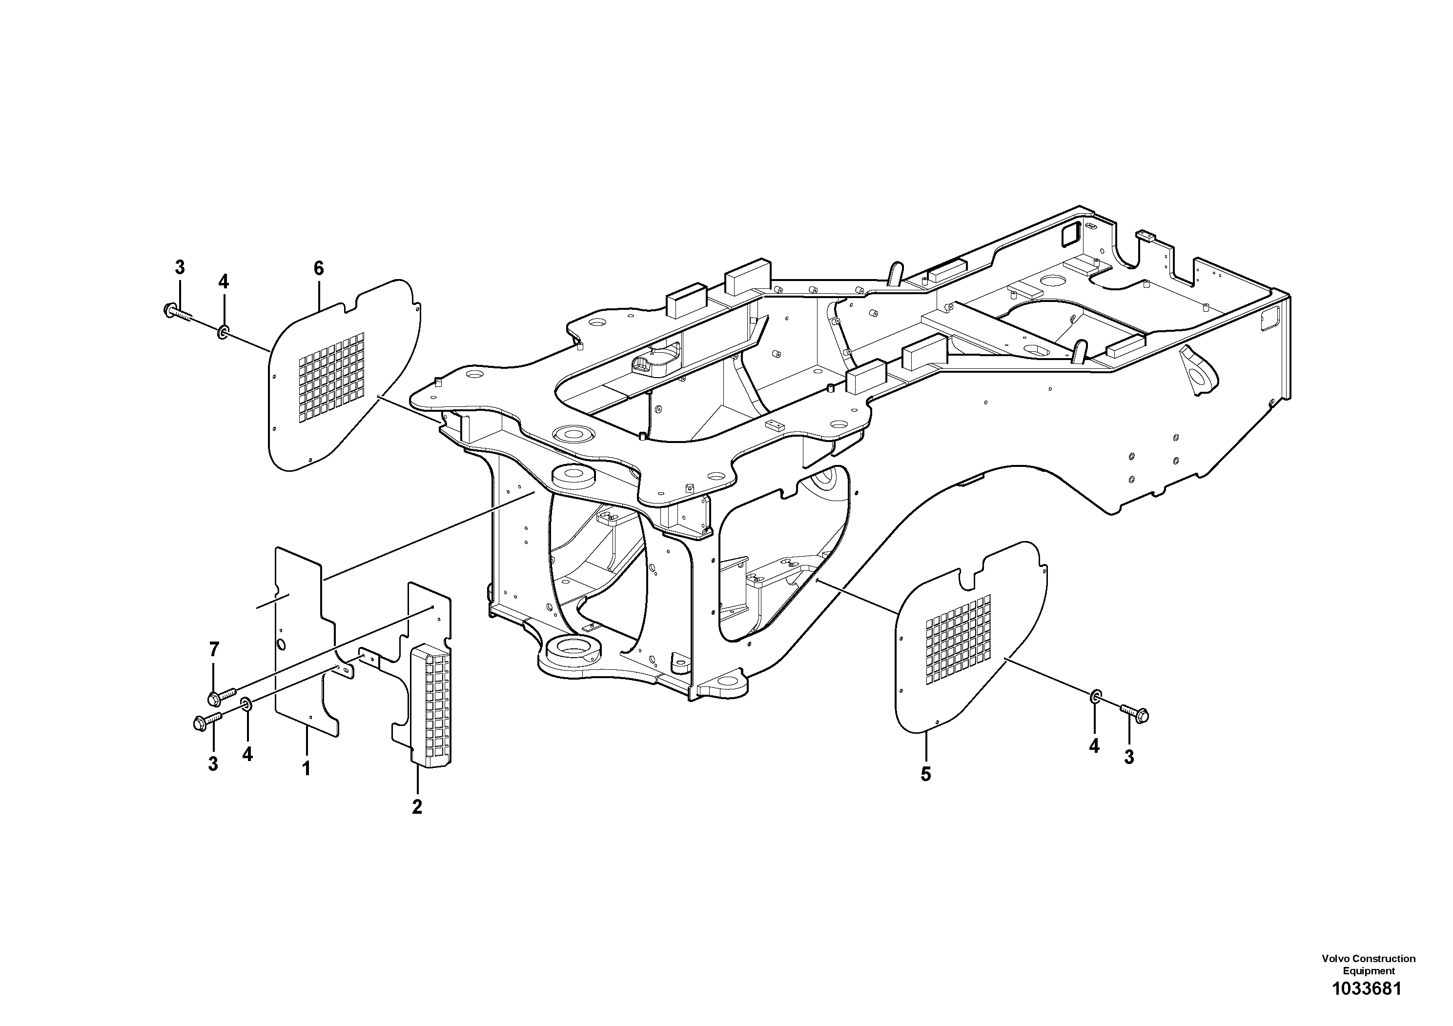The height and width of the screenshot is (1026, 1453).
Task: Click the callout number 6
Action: click(x=318, y=268)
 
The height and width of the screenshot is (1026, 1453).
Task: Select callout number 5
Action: click(x=926, y=774)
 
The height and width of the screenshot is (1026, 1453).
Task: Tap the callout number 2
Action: click(x=416, y=806)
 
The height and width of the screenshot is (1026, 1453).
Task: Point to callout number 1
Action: click(x=307, y=769)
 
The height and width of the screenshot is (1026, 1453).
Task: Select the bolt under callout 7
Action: click(x=221, y=696)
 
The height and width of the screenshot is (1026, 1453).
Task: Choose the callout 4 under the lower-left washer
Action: click(x=247, y=754)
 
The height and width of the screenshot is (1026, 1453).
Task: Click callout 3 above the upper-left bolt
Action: click(x=180, y=267)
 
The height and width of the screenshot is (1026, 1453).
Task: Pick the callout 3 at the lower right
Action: click(x=1129, y=757)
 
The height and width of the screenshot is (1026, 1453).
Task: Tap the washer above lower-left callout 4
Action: click(x=246, y=704)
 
